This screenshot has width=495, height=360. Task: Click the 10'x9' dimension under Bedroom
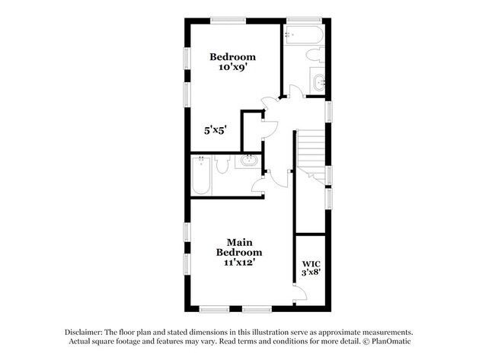point(233,68)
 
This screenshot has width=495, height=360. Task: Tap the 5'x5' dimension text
point(216,130)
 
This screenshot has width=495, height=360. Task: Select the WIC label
point(311,264)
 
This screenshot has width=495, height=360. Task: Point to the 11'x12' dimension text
point(239,262)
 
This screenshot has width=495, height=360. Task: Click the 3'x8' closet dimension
point(311,272)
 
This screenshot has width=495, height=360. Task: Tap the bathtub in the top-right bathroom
point(303,35)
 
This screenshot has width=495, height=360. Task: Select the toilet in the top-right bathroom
point(315,55)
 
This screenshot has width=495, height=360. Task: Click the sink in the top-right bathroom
point(319,83)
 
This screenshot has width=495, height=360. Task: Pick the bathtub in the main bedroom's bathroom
point(201,176)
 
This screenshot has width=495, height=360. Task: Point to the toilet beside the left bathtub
point(223,164)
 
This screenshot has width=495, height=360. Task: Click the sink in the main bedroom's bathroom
point(249,161)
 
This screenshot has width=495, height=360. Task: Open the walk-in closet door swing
point(301,293)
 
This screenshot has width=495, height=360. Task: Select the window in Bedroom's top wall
point(228,21)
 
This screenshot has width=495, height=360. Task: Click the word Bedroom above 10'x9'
point(233,57)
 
